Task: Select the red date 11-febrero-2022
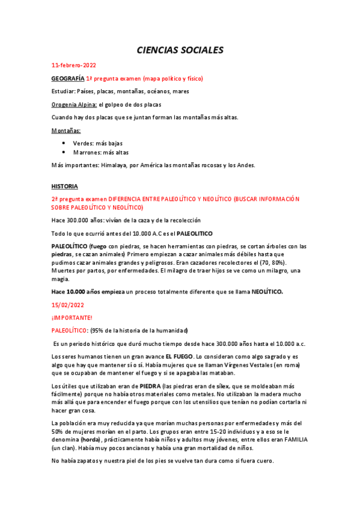(x=74, y=66)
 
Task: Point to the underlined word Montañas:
(x=66, y=130)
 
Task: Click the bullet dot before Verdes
(x=64, y=143)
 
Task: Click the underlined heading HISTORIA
(x=65, y=186)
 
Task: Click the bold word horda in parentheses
(x=82, y=440)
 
